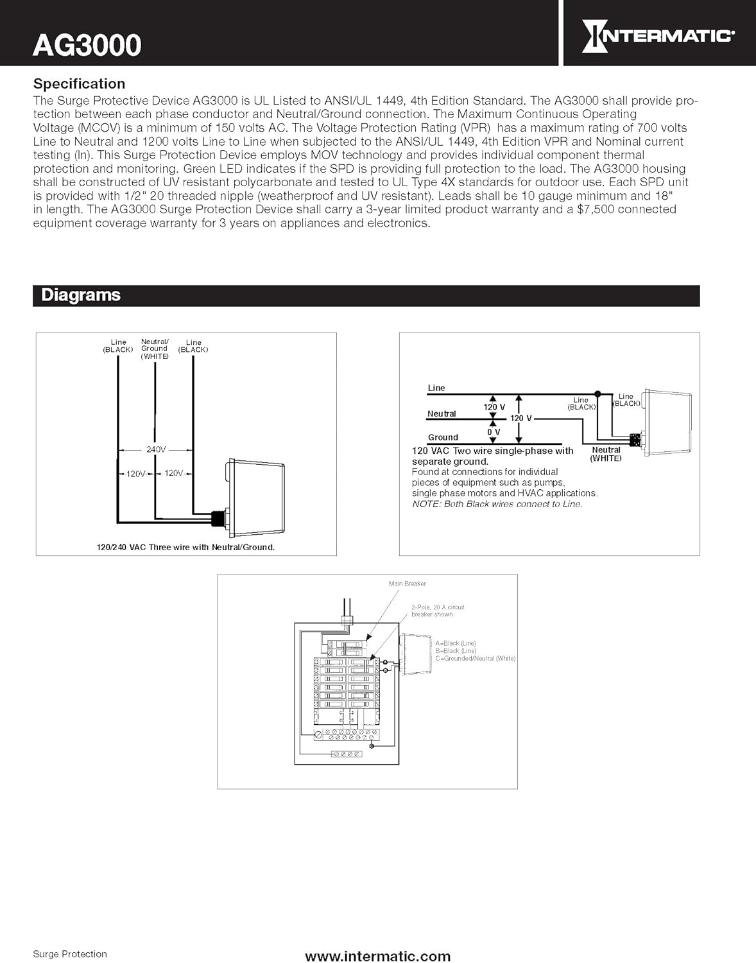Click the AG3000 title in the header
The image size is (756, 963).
[x=87, y=45]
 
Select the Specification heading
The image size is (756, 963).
[x=79, y=83]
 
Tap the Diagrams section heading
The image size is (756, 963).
[x=81, y=295]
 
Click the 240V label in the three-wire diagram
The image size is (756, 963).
[x=156, y=449]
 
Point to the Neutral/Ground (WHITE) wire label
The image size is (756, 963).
[x=155, y=349]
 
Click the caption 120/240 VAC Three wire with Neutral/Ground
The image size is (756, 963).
[x=185, y=548]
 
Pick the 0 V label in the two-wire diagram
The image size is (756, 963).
[x=494, y=432]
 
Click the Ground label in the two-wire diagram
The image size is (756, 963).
[x=443, y=437]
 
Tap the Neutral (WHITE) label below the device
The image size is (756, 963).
[x=606, y=454]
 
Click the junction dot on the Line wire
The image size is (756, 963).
[x=597, y=394]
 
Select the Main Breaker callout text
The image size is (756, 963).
[x=407, y=584]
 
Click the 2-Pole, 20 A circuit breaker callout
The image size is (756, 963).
[x=438, y=611]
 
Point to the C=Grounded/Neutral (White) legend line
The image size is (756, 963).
[x=475, y=658]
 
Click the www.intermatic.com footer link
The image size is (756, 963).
[x=377, y=957]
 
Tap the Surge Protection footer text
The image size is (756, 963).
[x=70, y=954]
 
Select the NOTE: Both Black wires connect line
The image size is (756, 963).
[x=497, y=504]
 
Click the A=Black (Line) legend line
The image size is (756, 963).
[x=456, y=643]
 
